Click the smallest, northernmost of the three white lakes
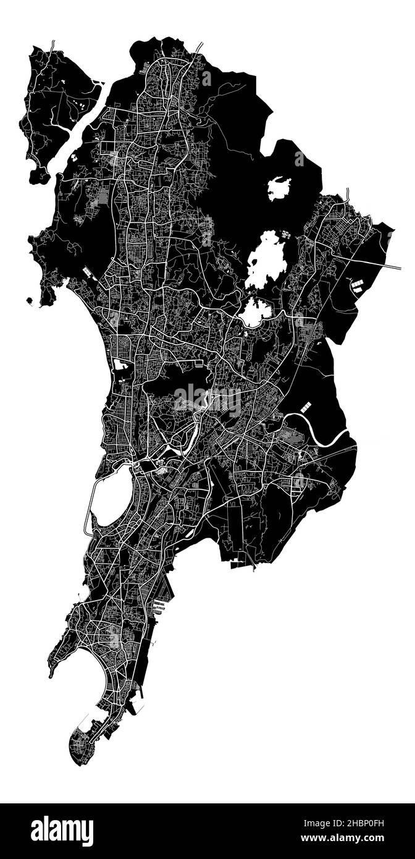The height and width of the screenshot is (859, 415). click(279, 188)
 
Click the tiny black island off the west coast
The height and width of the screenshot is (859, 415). click(29, 300)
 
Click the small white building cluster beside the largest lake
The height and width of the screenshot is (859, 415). click(286, 235)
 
